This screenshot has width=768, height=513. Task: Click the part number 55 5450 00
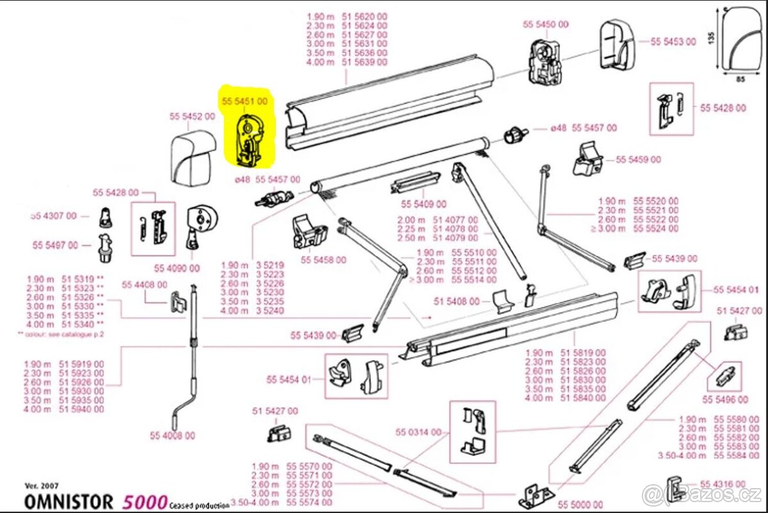click(545, 24)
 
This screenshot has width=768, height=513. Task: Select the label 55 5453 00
click(673, 42)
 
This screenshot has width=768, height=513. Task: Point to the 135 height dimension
click(711, 38)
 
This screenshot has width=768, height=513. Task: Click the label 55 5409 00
click(423, 204)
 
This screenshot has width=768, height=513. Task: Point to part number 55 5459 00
click(639, 160)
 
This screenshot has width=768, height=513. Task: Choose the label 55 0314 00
click(419, 432)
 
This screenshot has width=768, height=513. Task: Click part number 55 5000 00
click(580, 505)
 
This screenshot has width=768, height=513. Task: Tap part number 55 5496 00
click(724, 400)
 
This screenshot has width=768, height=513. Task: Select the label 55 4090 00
click(177, 268)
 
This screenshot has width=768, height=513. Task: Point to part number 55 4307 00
click(54, 216)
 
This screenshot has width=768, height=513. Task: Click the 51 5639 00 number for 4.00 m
click(365, 62)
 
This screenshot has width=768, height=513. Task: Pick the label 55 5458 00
click(323, 260)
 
